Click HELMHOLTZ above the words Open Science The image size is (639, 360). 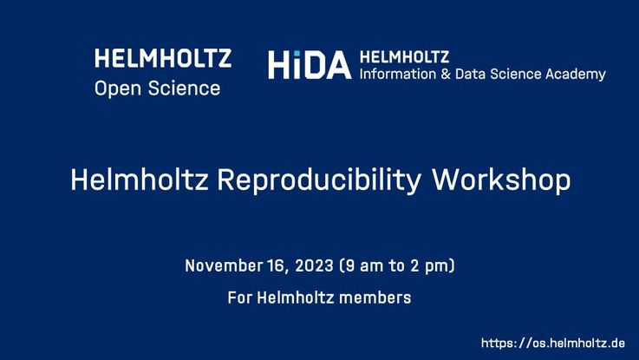click(163, 58)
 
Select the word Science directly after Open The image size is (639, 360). click(184, 88)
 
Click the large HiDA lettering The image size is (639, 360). click(310, 65)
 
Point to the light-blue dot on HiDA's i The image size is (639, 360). click(297, 54)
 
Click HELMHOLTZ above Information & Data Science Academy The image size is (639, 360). click(404, 57)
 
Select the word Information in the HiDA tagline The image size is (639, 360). click(392, 74)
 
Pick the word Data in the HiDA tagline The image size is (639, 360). click(470, 74)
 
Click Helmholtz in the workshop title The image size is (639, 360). click(140, 179)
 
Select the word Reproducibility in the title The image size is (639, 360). click(319, 180)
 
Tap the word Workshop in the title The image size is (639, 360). click(501, 180)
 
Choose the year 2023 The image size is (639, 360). click(314, 265)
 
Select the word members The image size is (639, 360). click(375, 298)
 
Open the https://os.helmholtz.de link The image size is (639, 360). click(553, 343)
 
